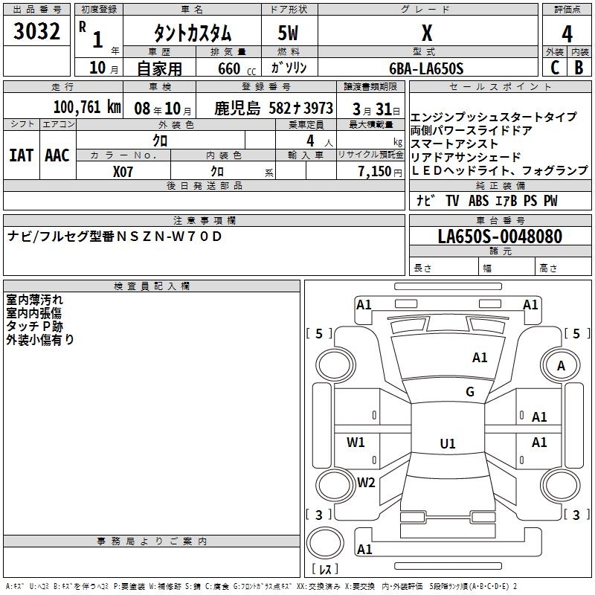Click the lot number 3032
pyautogui.click(x=36, y=32)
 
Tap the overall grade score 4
pyautogui.click(x=567, y=34)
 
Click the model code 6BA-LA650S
pyautogui.click(x=426, y=68)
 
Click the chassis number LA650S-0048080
pyautogui.click(x=500, y=237)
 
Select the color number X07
pyautogui.click(x=123, y=171)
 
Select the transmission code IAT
pyautogui.click(x=21, y=155)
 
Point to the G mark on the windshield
pyautogui.click(x=470, y=392)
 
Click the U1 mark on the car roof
pyautogui.click(x=447, y=444)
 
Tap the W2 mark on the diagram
pyautogui.click(x=366, y=482)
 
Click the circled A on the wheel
pyautogui.click(x=561, y=365)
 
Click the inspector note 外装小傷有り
pyautogui.click(x=40, y=340)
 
